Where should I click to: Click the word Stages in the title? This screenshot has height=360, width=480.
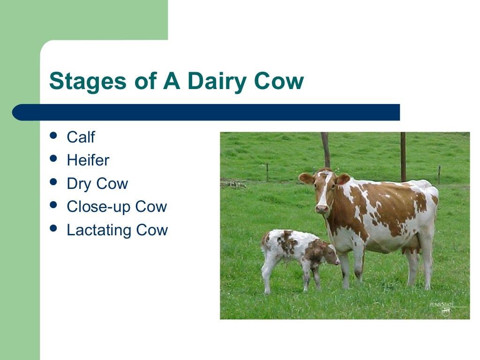(88, 81)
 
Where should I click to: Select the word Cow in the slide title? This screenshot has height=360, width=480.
(279, 81)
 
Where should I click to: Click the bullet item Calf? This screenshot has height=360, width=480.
(81, 137)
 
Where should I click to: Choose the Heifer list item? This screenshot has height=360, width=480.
(88, 160)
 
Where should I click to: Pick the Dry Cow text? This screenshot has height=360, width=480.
(97, 184)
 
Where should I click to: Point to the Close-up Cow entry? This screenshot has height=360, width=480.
(117, 207)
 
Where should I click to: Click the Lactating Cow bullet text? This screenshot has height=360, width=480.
(117, 230)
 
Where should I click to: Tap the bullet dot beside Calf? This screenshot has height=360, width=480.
(54, 136)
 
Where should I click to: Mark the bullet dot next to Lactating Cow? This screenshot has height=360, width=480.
(54, 229)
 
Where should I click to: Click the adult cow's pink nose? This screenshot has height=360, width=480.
(322, 209)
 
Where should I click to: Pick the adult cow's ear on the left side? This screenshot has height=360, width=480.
(306, 178)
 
